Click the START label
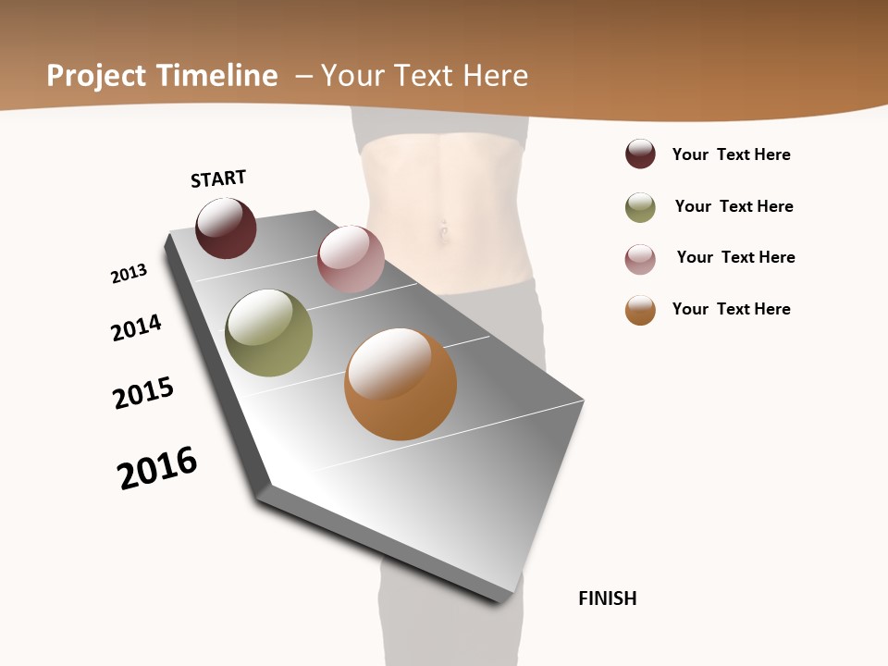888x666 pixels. (x=218, y=179)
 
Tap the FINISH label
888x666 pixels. (x=607, y=598)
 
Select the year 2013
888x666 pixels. (x=129, y=274)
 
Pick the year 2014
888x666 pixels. (x=136, y=327)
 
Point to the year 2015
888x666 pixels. (x=143, y=393)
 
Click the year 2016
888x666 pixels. (x=157, y=468)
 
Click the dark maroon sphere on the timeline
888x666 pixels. (x=226, y=228)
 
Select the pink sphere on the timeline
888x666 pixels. (x=351, y=259)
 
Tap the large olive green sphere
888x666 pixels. (x=268, y=333)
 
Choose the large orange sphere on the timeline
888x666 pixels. (x=401, y=384)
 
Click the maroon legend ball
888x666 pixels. (x=640, y=154)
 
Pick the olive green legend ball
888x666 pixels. (x=640, y=207)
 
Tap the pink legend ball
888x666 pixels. (x=640, y=259)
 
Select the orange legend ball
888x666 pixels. (x=640, y=310)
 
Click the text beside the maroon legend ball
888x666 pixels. (x=731, y=154)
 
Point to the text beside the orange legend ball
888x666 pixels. (x=731, y=309)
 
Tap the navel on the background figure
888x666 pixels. (x=444, y=231)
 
